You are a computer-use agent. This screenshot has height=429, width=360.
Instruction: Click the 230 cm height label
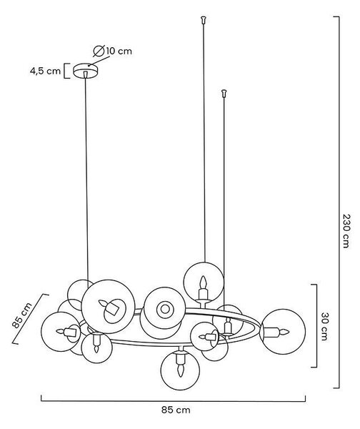tap(346, 231)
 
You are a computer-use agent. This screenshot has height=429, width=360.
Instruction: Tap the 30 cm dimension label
tap(324, 326)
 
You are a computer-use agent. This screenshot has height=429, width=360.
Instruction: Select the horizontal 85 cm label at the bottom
tap(176, 410)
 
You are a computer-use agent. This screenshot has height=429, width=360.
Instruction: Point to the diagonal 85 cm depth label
tap(22, 315)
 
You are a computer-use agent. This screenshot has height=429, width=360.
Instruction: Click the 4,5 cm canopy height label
tap(45, 71)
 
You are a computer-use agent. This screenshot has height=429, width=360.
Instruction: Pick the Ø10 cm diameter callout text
tap(112, 51)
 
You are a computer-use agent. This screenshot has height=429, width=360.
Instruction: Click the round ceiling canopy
tap(86, 70)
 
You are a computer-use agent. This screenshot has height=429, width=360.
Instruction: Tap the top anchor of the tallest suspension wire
tap(203, 20)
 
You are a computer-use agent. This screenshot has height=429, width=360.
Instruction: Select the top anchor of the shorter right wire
tap(224, 93)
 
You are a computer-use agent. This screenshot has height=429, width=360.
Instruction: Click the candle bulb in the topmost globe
tap(203, 282)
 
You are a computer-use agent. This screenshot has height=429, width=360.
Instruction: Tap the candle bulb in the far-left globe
tap(61, 331)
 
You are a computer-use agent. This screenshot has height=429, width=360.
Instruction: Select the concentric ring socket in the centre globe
tap(165, 309)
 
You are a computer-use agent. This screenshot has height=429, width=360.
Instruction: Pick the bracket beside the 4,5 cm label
tap(66, 71)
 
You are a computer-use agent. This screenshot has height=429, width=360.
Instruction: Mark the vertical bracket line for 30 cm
tap(316, 325)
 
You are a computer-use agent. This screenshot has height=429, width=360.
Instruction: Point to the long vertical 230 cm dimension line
tap(339, 202)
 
